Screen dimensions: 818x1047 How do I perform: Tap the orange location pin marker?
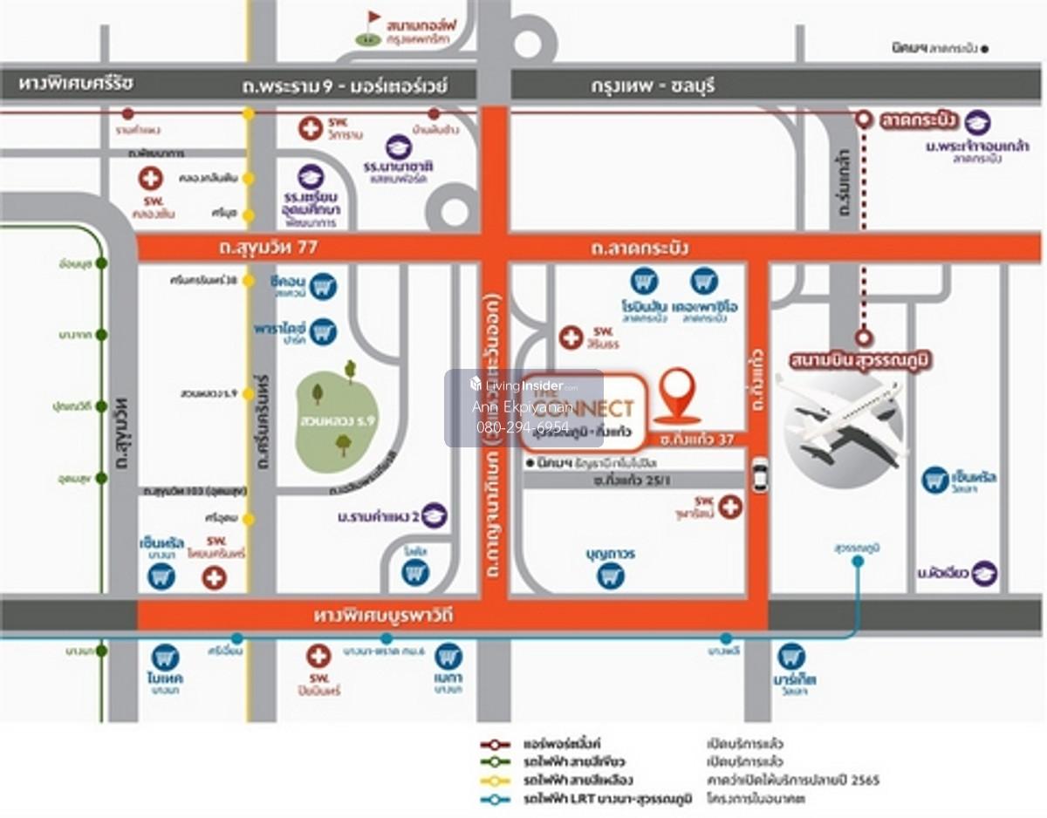click(x=677, y=394)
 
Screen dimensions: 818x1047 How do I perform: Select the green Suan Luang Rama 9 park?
click(x=336, y=419)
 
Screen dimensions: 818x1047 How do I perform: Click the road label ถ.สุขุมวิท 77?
click(x=269, y=249)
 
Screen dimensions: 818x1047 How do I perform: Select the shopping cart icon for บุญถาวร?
click(x=611, y=575)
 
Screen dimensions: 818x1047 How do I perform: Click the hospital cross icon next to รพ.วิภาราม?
click(x=310, y=128)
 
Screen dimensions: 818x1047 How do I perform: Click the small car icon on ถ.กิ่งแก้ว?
click(x=759, y=476)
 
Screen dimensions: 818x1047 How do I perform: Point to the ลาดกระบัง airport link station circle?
click(x=863, y=119)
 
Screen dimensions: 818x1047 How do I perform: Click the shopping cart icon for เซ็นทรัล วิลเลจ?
click(x=935, y=479)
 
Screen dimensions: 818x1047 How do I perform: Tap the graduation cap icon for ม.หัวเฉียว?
click(x=984, y=573)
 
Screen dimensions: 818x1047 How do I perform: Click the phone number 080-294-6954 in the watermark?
click(x=523, y=428)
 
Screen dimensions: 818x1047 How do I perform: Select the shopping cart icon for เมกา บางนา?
click(x=448, y=657)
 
